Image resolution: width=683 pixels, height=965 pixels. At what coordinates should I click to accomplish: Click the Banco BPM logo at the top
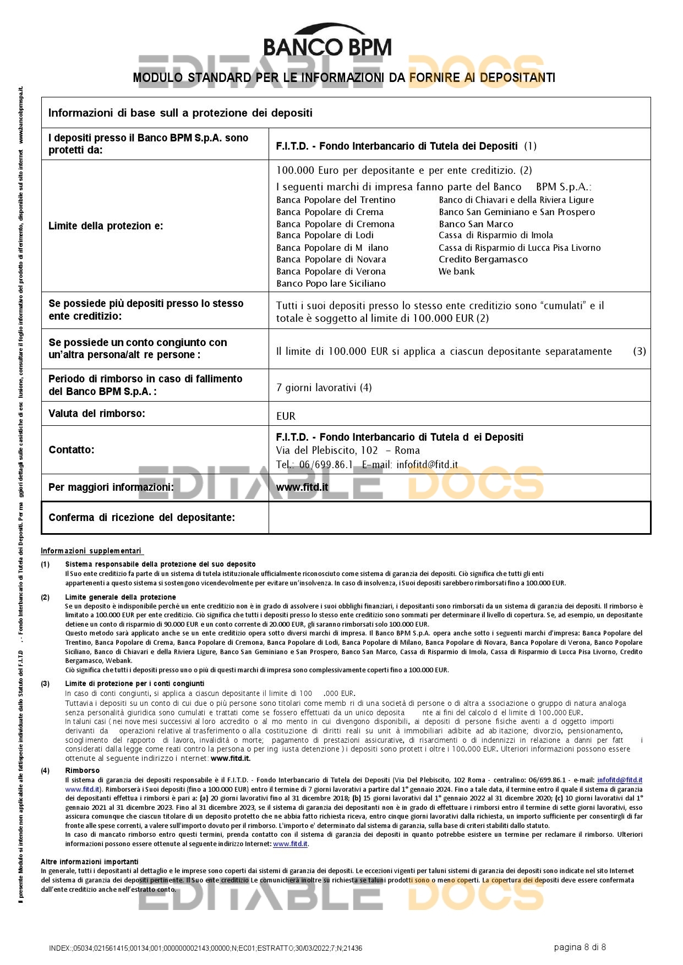[327, 41]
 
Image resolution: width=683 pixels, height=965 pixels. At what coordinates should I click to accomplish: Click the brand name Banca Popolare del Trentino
[336, 200]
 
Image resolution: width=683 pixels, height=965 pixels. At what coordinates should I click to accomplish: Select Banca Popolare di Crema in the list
[330, 212]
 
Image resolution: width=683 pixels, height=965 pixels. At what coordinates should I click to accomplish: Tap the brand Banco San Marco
[476, 224]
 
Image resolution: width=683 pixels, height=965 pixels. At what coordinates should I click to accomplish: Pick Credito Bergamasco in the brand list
[483, 259]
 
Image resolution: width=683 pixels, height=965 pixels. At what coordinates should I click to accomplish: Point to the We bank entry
[456, 271]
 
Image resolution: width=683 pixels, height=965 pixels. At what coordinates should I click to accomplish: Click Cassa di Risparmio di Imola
[495, 235]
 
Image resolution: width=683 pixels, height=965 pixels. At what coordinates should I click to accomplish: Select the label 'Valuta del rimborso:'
[97, 413]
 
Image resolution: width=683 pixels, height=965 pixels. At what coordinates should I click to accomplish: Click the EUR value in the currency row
[286, 416]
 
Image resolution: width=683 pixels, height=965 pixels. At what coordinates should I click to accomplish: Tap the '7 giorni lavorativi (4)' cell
[324, 387]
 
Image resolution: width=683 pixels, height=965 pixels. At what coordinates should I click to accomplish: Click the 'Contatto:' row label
[72, 449]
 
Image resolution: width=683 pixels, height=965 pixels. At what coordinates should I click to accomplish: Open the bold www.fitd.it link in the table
[302, 487]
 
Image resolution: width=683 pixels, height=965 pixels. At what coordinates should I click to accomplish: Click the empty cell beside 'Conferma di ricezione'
[459, 517]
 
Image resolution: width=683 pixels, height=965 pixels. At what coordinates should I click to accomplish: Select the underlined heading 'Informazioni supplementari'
[91, 551]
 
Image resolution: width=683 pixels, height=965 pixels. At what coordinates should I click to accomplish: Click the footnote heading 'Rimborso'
[83, 770]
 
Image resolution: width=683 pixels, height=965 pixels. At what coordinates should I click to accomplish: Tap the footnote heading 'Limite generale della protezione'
[121, 597]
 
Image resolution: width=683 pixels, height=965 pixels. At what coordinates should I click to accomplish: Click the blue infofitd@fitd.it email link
[619, 780]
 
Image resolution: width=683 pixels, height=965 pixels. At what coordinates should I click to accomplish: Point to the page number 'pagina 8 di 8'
[580, 947]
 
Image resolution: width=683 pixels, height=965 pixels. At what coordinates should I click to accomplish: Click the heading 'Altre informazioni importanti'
[90, 862]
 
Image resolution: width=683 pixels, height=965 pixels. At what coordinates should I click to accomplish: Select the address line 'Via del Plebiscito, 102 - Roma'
[347, 450]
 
